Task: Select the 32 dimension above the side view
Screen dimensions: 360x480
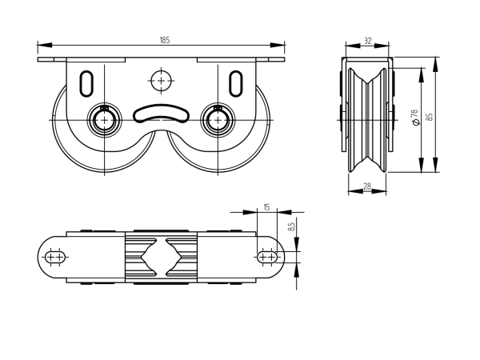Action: tap(367, 39)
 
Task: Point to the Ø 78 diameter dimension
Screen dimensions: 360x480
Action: tap(414, 119)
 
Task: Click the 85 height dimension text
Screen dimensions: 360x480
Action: tap(430, 116)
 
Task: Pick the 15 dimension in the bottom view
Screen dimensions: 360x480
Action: tap(266, 207)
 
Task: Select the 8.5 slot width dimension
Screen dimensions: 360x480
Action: tap(291, 226)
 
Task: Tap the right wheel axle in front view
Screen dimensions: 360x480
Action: tap(215, 119)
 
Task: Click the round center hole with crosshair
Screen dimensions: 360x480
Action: tap(162, 82)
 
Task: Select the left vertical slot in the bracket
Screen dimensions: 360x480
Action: tap(88, 82)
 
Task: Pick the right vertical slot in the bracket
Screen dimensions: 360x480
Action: tap(237, 82)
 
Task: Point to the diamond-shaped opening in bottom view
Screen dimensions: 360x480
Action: tap(161, 256)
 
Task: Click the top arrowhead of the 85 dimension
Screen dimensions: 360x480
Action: tap(437, 59)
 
